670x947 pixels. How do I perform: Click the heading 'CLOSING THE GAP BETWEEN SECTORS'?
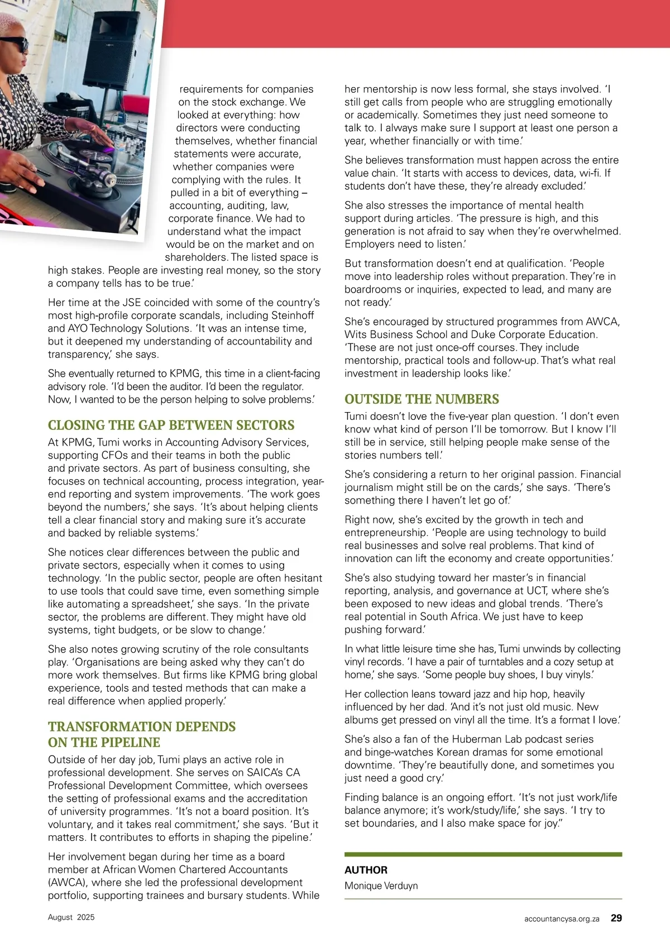pyautogui.click(x=171, y=425)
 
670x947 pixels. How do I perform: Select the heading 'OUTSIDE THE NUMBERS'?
pyautogui.click(x=422, y=399)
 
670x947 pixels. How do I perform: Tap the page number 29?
pyautogui.click(x=616, y=918)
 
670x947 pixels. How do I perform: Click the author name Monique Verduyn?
pyautogui.click(x=381, y=886)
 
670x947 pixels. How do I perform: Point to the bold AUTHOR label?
pyautogui.click(x=366, y=870)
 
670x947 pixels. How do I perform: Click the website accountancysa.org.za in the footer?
pyautogui.click(x=562, y=919)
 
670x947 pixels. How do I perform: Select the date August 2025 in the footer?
pyautogui.click(x=71, y=917)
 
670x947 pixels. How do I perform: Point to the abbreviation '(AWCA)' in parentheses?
pyautogui.click(x=66, y=882)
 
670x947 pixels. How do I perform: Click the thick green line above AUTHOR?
pyautogui.click(x=483, y=854)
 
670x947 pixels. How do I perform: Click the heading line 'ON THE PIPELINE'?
pyautogui.click(x=104, y=743)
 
